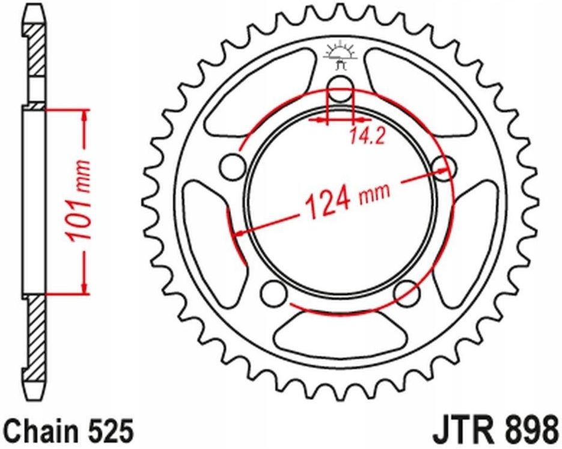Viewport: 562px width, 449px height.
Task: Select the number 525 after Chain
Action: pyautogui.click(x=108, y=432)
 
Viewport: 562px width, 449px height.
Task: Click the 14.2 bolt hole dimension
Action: pyautogui.click(x=365, y=137)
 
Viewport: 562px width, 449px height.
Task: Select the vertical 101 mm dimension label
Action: pyautogui.click(x=79, y=201)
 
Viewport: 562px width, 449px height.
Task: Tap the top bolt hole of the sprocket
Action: pyautogui.click(x=340, y=84)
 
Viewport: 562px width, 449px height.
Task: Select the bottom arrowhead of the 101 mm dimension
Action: pyautogui.click(x=86, y=289)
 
